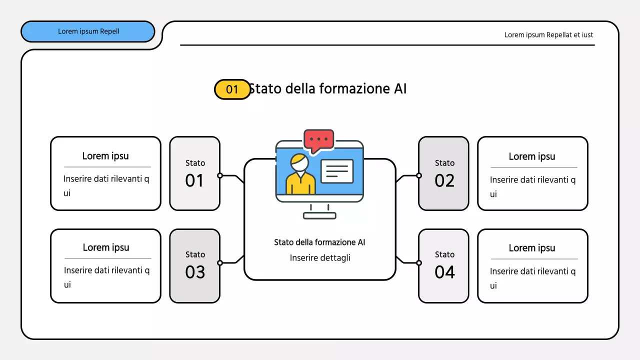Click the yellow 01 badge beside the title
coord(232,89)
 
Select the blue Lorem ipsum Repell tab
coord(88,31)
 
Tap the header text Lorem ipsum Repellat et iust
coord(548,35)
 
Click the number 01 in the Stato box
coord(194,180)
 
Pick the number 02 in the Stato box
coord(444,180)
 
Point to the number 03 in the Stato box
coord(195,272)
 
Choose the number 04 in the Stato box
coord(444,272)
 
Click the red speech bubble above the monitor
coord(318,140)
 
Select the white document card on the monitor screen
coord(336,171)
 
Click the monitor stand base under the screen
coord(319,215)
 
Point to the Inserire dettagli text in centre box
coord(320,258)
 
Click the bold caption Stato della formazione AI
coord(319,242)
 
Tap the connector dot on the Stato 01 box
coord(220,175)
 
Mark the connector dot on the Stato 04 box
coord(419,263)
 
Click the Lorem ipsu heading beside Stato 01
coord(105,156)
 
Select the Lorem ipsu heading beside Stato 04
coord(532,248)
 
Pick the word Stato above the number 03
coord(195,254)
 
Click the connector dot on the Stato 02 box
coord(419,175)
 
